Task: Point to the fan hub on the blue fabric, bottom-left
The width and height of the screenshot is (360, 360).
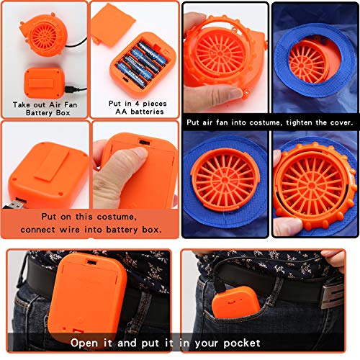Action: [x=225, y=182]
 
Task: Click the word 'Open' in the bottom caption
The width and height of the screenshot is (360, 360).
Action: [x=85, y=342]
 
